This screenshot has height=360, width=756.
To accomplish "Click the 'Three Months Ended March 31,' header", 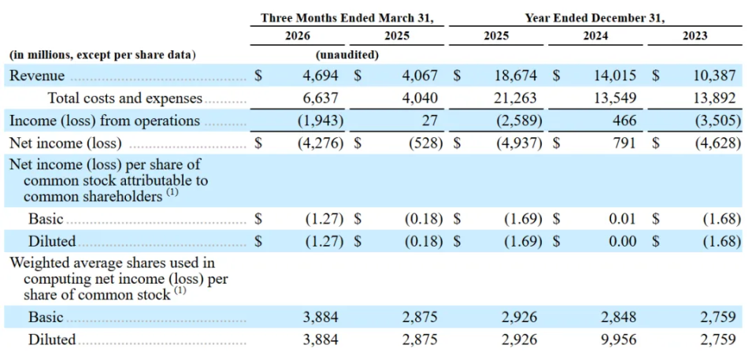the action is (x=347, y=18).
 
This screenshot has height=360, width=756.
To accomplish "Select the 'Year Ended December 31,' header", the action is (x=595, y=18).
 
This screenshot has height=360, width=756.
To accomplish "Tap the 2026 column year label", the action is (x=298, y=35).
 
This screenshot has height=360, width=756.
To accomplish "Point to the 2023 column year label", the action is (x=695, y=35).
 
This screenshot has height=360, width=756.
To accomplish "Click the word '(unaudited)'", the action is (x=347, y=55).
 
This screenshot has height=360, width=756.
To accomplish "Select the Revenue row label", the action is (x=37, y=76).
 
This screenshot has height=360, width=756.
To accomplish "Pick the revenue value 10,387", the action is (x=715, y=76).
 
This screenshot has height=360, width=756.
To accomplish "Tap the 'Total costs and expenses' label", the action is (x=125, y=98).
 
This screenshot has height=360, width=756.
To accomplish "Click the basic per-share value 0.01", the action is (x=622, y=219).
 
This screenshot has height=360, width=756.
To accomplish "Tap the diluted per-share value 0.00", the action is (x=622, y=241).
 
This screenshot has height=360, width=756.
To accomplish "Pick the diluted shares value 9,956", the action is (x=616, y=340).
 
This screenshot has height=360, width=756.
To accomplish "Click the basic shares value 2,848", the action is (x=616, y=317).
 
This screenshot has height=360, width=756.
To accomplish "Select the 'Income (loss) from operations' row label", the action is (x=105, y=121).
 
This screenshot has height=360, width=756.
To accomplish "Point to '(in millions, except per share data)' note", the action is (x=102, y=55).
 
